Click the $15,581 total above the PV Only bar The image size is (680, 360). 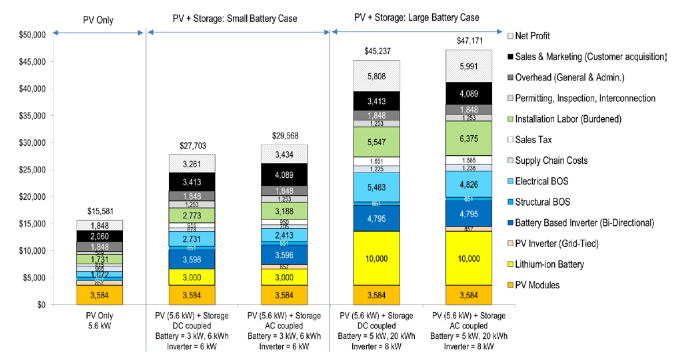click(x=106, y=211)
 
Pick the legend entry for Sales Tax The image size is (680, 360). click(x=538, y=142)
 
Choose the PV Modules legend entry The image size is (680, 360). click(x=546, y=285)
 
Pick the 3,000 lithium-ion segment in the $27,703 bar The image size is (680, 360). click(x=194, y=276)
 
